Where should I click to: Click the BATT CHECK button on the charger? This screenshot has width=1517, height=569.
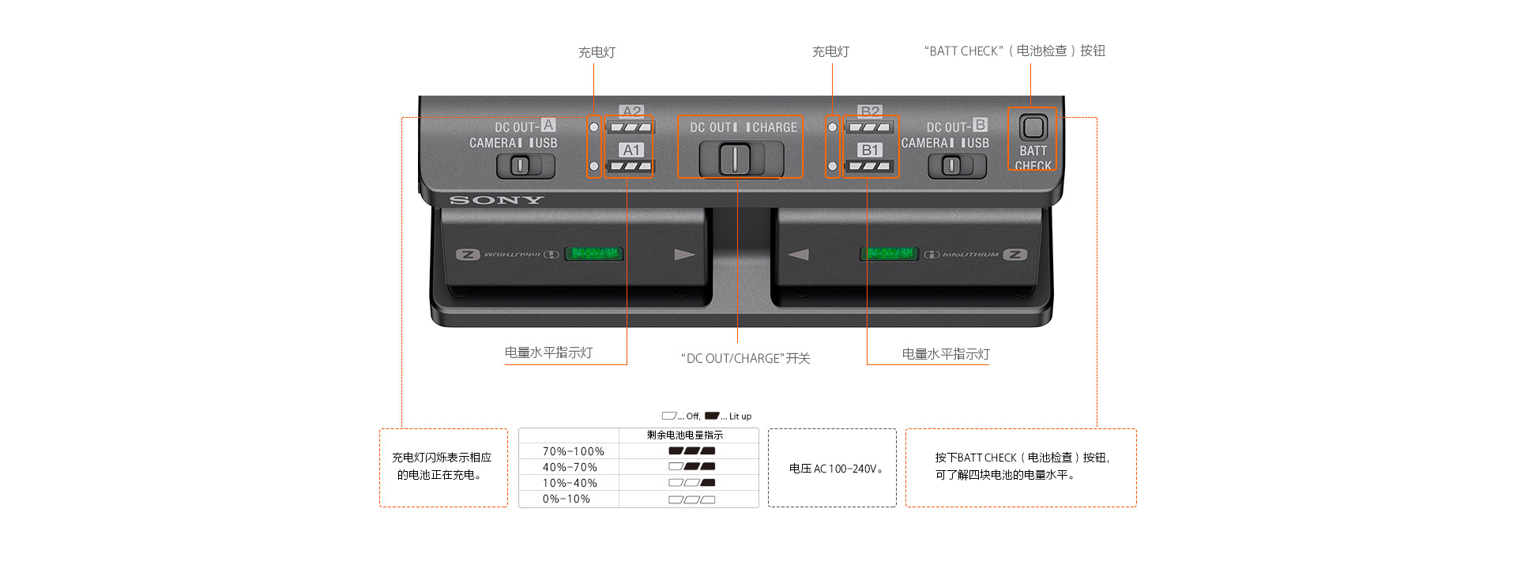point(1033,127)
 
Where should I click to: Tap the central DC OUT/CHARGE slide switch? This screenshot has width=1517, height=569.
point(736,159)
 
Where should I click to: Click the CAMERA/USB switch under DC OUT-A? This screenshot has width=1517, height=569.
point(521,166)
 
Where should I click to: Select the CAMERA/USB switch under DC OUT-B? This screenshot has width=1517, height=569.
point(953,166)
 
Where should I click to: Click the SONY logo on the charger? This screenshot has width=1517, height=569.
point(497,200)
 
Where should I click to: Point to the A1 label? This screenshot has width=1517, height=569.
point(631,149)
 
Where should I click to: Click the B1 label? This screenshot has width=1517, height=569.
point(870,149)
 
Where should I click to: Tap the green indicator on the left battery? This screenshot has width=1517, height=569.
point(594,254)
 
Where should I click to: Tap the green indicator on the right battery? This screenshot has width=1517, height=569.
point(889,254)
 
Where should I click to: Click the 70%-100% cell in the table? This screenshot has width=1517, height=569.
point(573,451)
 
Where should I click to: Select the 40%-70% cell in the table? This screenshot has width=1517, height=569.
point(570,467)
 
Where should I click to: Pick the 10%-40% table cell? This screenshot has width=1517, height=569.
point(570,483)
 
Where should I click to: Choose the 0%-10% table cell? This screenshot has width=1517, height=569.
point(567,499)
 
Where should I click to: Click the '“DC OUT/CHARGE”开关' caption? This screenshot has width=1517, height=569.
point(745,358)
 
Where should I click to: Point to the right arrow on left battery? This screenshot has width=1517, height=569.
point(684,254)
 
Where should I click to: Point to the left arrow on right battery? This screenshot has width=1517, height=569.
point(799,254)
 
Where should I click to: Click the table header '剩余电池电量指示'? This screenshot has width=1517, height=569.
point(685,435)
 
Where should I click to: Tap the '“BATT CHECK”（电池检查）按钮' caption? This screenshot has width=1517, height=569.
point(1014,51)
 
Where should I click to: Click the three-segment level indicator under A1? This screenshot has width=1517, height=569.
point(631,166)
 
